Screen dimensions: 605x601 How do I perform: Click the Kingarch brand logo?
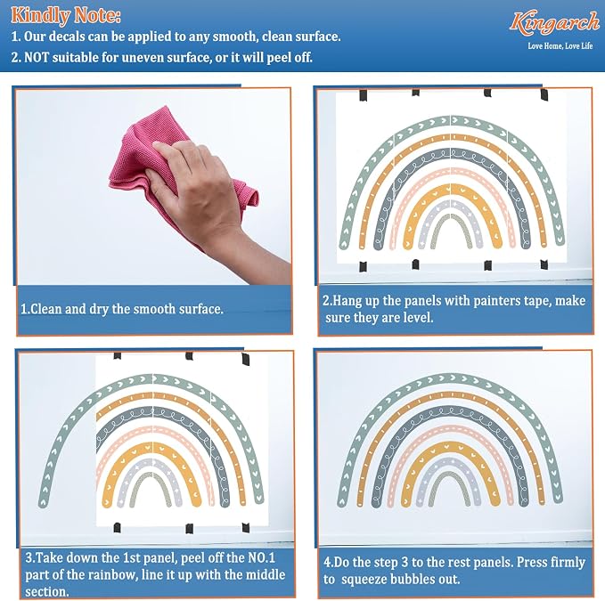tap(554, 22)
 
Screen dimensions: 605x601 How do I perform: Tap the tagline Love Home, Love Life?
tap(560, 46)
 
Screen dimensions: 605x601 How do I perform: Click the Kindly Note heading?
tap(66, 15)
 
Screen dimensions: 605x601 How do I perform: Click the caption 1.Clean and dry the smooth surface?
tap(122, 309)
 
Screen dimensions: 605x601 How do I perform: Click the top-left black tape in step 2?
tap(363, 95)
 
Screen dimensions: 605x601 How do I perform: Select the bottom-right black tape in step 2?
tap(544, 264)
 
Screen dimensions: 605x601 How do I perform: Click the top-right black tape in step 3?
tap(245, 360)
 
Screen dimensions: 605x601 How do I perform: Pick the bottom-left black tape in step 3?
tap(117, 527)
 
